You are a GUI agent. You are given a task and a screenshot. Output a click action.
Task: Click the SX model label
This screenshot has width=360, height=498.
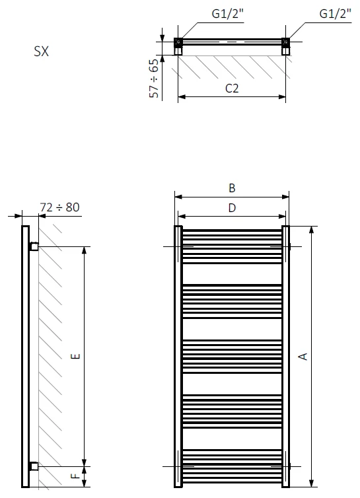point(42,52)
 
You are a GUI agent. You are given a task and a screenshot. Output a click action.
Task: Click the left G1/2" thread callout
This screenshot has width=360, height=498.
point(227,14)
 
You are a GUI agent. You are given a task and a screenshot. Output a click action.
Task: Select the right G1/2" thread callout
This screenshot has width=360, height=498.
point(335,14)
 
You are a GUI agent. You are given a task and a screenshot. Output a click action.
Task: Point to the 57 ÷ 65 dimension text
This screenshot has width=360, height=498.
point(154,79)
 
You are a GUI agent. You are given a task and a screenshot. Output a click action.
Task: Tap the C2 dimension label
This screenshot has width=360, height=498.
point(232,88)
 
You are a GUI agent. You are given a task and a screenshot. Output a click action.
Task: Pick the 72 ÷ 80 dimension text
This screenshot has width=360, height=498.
point(59,207)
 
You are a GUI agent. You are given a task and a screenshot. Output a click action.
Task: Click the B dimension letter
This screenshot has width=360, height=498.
point(232,188)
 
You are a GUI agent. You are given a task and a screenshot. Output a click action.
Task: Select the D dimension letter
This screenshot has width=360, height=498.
point(232,208)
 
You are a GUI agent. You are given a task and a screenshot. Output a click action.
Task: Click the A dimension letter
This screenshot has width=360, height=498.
point(303,357)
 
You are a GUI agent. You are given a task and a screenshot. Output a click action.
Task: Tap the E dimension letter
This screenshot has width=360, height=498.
point(75,357)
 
